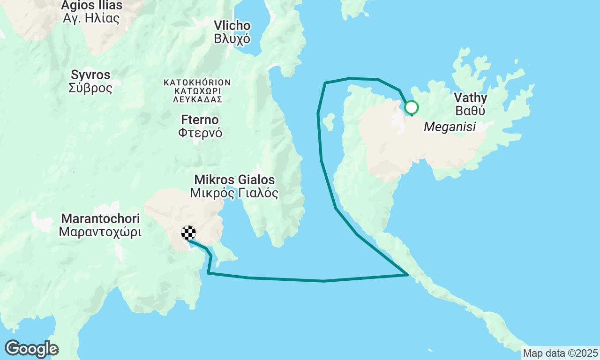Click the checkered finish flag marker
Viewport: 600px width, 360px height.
coord(188,233)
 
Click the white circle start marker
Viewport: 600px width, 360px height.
coord(411,108)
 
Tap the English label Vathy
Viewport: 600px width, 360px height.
coord(470,98)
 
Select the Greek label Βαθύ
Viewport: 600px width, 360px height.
coord(470,111)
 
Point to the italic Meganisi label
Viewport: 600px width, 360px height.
coord(450,127)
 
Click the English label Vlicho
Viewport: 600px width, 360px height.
coord(232,26)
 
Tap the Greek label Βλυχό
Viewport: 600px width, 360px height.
coord(232,39)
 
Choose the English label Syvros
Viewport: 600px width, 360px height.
coord(90,75)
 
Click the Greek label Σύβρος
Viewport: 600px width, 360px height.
coord(90,88)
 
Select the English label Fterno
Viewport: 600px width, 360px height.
coord(200,120)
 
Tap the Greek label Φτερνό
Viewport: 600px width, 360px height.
coord(200,133)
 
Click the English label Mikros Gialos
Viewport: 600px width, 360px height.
coord(234,180)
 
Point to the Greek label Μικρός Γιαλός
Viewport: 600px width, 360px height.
coord(234,193)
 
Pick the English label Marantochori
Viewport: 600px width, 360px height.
coord(100,218)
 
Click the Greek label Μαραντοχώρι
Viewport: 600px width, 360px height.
coord(100,232)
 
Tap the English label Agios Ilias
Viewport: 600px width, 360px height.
coord(92,6)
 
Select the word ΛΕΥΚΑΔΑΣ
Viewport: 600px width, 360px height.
coord(197,99)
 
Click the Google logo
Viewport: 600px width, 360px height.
coord(31,349)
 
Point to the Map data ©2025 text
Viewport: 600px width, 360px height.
coord(560,353)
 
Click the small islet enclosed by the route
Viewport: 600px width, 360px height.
coord(329,122)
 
